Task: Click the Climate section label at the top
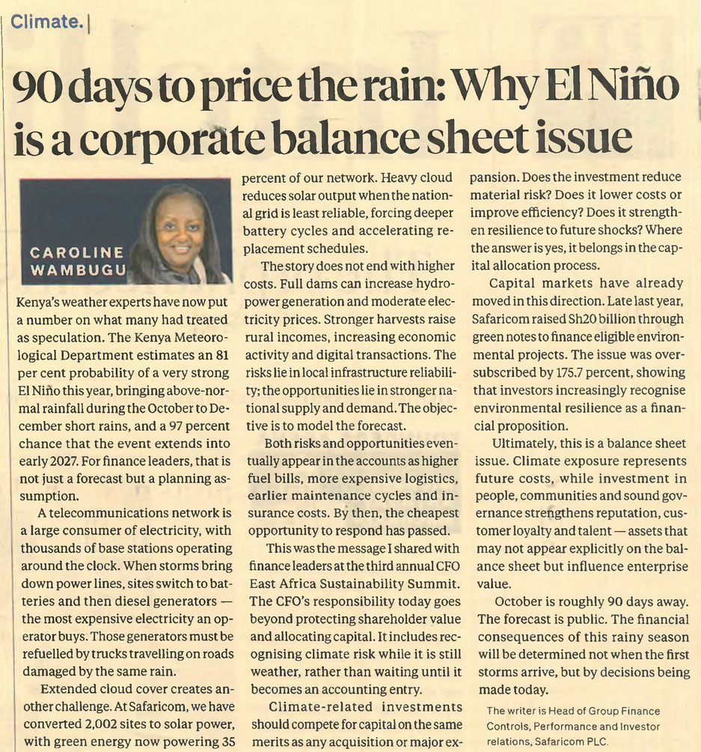(46, 22)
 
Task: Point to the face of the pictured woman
(180, 228)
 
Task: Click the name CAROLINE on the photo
(76, 252)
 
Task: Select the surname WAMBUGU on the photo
(79, 270)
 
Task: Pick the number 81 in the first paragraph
(221, 355)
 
